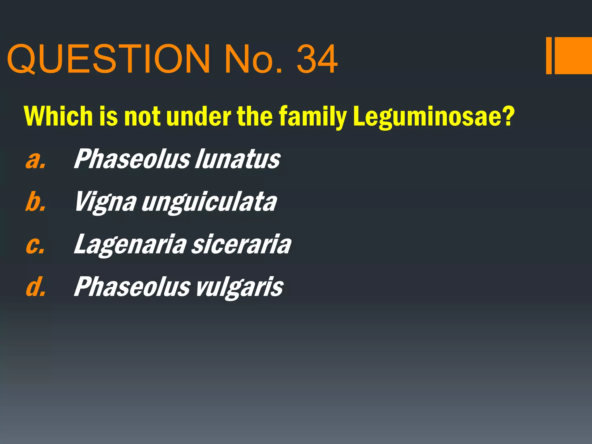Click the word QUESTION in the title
[x=109, y=59]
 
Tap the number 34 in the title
[x=317, y=59]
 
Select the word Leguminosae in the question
[x=434, y=116]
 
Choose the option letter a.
[x=36, y=159]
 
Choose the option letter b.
[x=36, y=201]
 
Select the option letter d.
[x=36, y=287]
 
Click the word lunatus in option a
[x=237, y=159]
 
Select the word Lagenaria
[x=130, y=245]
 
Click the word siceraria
[x=241, y=245]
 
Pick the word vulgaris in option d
[x=240, y=287]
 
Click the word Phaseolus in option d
[x=132, y=286]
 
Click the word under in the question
[x=199, y=116]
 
